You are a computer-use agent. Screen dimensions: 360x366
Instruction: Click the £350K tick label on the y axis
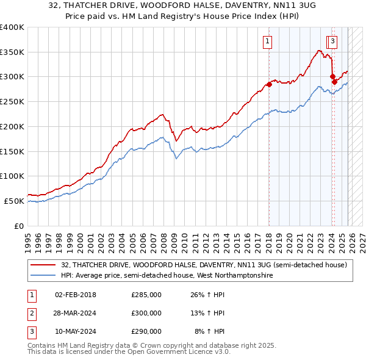[12, 52]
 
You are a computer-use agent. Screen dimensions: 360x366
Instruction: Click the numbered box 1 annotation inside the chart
[268, 41]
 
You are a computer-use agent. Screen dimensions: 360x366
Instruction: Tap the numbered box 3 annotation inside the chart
[333, 41]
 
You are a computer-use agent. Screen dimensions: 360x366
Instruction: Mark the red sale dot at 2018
[269, 84]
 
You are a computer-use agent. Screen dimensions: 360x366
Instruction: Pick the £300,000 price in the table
[146, 313]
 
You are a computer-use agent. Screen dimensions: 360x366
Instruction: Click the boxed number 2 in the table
[31, 313]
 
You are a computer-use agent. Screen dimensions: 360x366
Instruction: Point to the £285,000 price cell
[146, 295]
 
